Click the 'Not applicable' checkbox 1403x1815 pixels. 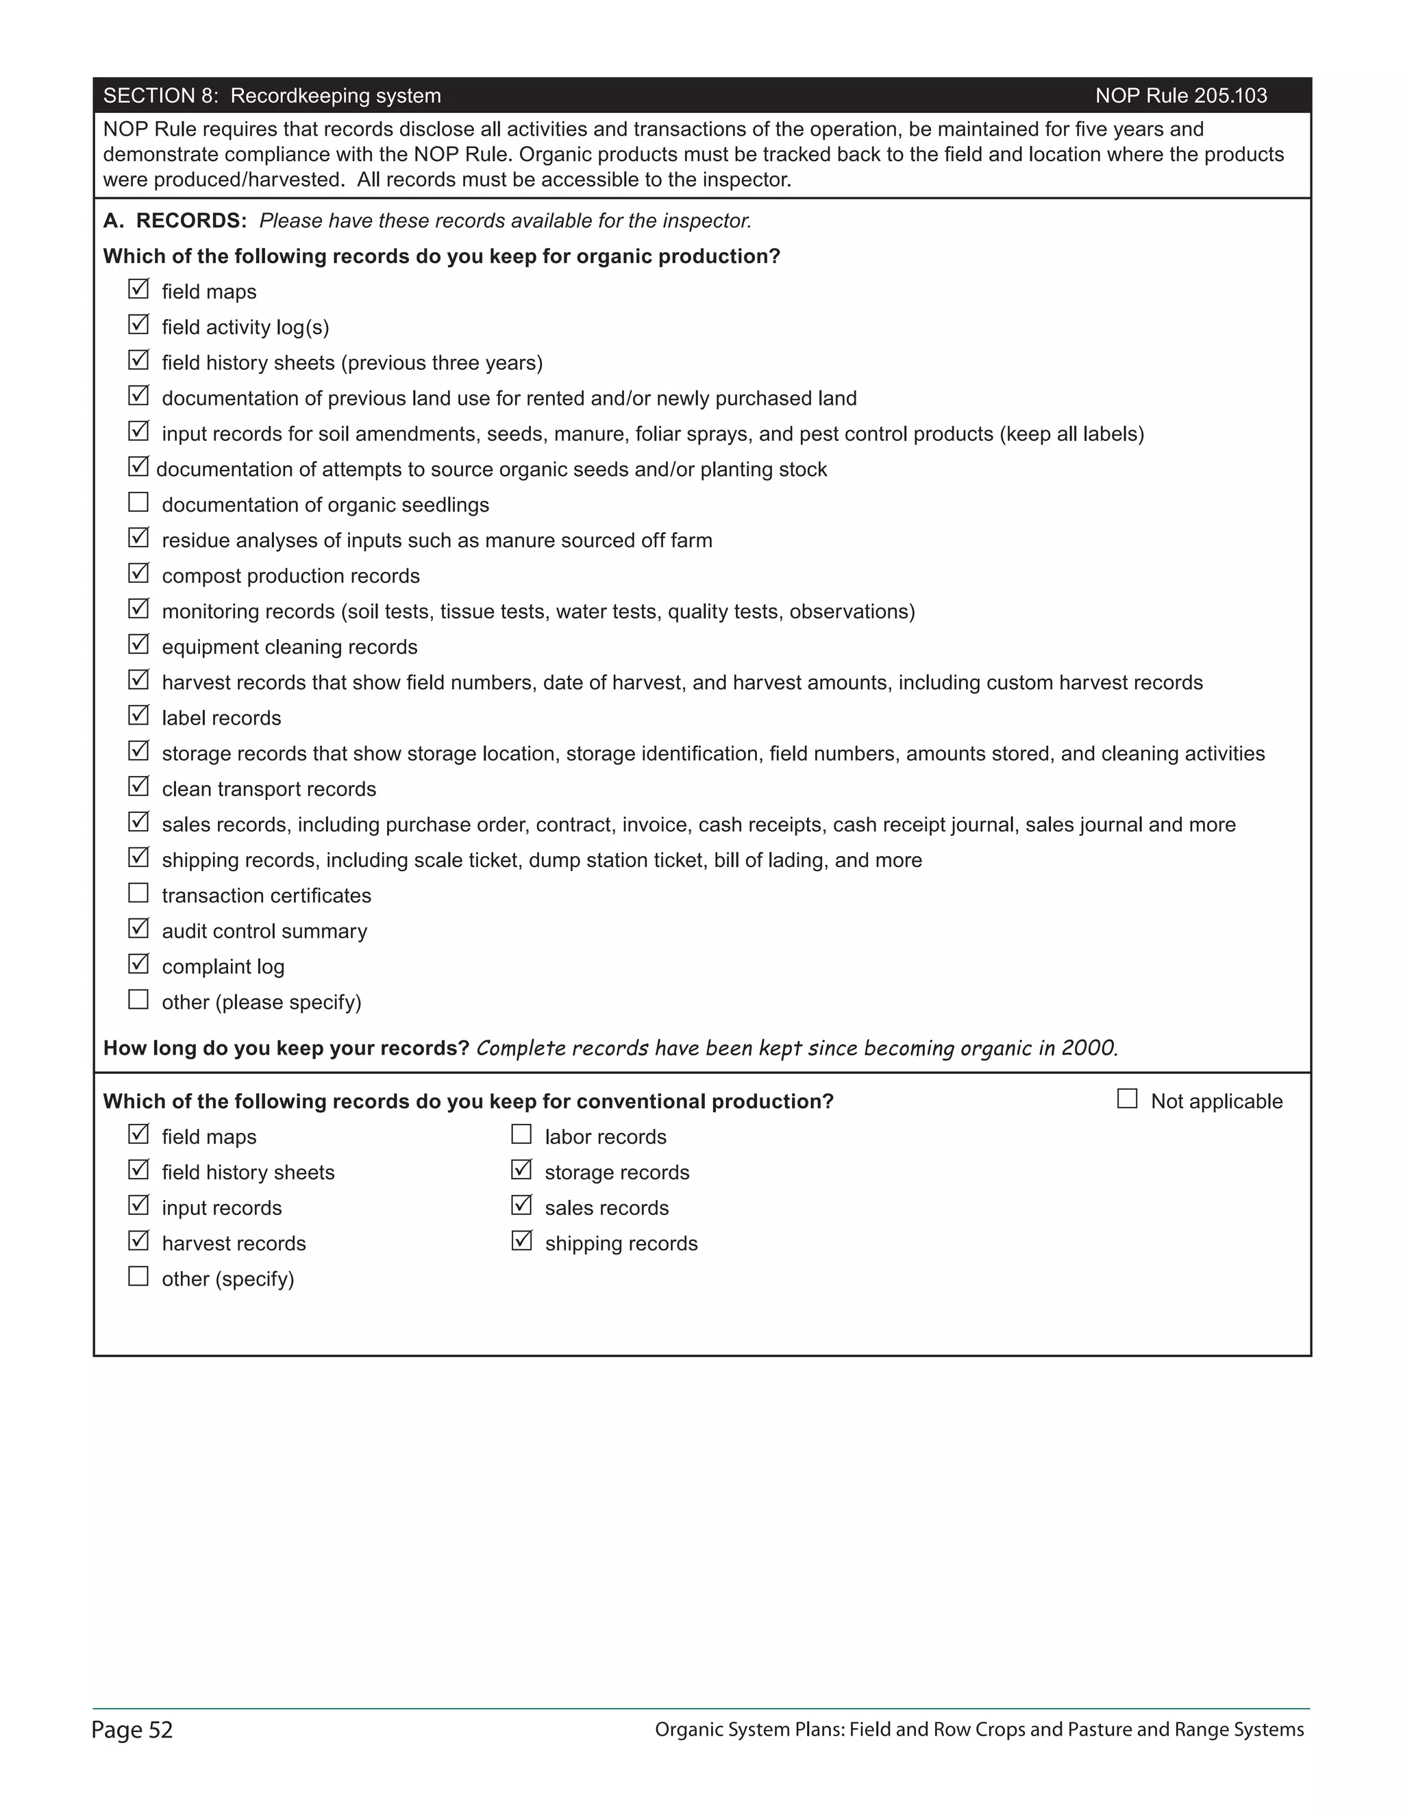tap(1127, 1099)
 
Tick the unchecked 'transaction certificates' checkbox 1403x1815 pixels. tap(138, 893)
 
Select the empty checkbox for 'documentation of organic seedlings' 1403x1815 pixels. tap(138, 503)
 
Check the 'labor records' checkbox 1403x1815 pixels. tap(521, 1134)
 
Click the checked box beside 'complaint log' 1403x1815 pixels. tap(138, 964)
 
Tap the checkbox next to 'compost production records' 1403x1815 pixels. tap(138, 573)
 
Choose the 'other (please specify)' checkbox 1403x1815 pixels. tap(138, 1000)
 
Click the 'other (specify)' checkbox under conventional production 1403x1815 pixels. tap(138, 1277)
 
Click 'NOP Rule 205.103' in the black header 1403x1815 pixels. tap(1180, 96)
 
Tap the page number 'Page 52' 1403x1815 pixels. tap(132, 1729)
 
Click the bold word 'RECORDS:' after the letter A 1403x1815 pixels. tap(191, 221)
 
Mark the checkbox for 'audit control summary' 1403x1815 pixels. tap(138, 928)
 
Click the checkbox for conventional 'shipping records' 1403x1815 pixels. tap(521, 1241)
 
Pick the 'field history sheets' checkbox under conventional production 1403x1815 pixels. tap(138, 1170)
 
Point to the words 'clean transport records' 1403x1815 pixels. tap(269, 790)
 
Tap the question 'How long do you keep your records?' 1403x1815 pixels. tap(286, 1048)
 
